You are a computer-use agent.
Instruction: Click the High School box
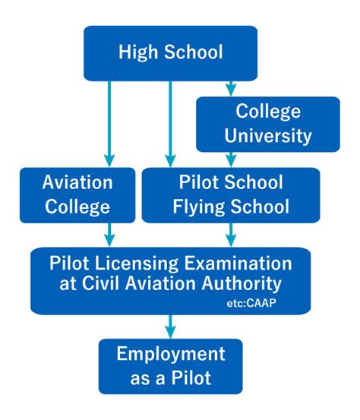171,53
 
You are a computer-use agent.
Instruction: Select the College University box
268,125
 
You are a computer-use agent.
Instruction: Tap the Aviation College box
77,195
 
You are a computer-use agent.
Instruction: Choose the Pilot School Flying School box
231,195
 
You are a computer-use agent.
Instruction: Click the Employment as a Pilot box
171,366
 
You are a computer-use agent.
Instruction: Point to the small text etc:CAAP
251,303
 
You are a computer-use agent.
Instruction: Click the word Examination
238,264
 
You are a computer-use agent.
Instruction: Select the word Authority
242,284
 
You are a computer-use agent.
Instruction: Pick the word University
268,136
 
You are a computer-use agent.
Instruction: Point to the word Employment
171,355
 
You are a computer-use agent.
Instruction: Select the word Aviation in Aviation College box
77,182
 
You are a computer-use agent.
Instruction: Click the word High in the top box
138,52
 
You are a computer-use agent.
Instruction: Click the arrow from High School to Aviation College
109,124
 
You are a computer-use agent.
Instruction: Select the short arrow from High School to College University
231,89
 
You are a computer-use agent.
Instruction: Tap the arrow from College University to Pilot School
231,160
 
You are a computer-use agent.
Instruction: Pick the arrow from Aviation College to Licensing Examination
109,235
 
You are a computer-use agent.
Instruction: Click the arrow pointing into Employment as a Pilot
170,327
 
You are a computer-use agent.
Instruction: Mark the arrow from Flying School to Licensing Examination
231,235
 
